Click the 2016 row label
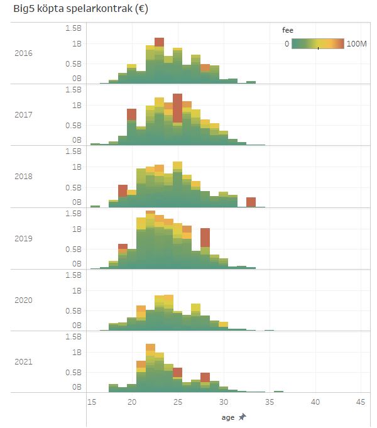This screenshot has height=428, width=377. pyautogui.click(x=23, y=53)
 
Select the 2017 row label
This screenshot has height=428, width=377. pyautogui.click(x=23, y=114)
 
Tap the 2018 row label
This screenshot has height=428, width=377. pyautogui.click(x=23, y=177)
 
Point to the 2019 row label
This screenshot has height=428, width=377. pyautogui.click(x=23, y=238)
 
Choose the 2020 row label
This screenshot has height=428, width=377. pyautogui.click(x=23, y=300)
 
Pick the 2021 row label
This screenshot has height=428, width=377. pyautogui.click(x=23, y=362)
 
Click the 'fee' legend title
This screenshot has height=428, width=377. pyautogui.click(x=287, y=30)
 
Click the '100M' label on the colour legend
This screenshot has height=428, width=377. pyautogui.click(x=356, y=44)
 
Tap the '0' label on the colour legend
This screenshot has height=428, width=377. pyautogui.click(x=287, y=44)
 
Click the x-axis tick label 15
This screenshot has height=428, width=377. pyautogui.click(x=91, y=402)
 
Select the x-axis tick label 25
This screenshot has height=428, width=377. pyautogui.click(x=178, y=402)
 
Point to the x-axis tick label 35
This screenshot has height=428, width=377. pyautogui.click(x=270, y=402)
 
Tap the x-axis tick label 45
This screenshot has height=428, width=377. pyautogui.click(x=361, y=402)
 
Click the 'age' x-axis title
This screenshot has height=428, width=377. pyautogui.click(x=227, y=417)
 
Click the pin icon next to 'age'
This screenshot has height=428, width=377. pyautogui.click(x=243, y=417)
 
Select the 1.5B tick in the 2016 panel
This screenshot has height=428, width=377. pyautogui.click(x=73, y=28)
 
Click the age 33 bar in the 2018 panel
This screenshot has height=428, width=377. pyautogui.click(x=251, y=202)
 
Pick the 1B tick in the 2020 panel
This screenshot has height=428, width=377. pyautogui.click(x=76, y=291)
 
